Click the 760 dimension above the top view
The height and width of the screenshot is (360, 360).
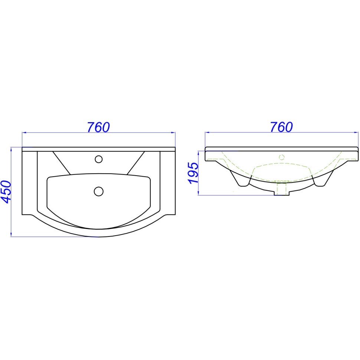(x=98, y=127)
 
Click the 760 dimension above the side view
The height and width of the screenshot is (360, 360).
(x=281, y=127)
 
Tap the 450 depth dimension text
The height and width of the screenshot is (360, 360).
(x=6, y=192)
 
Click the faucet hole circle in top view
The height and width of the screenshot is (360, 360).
(x=99, y=159)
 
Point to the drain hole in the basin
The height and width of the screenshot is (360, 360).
(x=99, y=191)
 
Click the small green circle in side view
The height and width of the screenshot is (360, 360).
(x=282, y=157)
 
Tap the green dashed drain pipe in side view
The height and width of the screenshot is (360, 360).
(x=282, y=187)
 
